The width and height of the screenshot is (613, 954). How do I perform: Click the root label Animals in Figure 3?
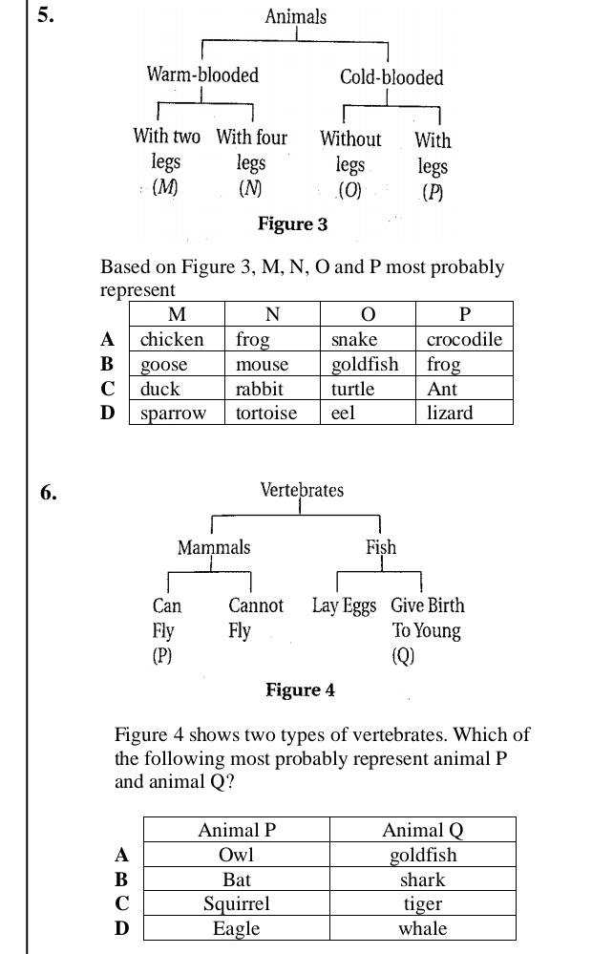295,17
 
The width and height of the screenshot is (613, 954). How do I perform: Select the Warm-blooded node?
201,74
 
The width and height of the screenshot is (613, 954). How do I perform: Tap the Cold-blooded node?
391,77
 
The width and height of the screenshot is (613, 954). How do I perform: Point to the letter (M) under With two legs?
165,187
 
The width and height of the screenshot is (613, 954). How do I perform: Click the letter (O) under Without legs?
350,189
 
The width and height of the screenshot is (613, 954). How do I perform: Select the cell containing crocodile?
464,340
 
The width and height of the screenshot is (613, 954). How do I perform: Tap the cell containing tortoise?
266,413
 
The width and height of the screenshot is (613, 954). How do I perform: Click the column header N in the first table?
272,315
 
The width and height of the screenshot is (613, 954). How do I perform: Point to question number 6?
48,493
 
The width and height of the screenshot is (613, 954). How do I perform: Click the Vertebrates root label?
302,491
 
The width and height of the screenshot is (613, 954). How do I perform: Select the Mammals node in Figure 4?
214,547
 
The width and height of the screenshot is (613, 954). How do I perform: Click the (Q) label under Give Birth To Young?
403,656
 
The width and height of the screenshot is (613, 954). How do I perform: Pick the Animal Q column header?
422,830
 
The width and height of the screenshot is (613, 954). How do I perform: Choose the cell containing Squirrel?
237,903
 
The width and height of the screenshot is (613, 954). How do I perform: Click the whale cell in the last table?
422,928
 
